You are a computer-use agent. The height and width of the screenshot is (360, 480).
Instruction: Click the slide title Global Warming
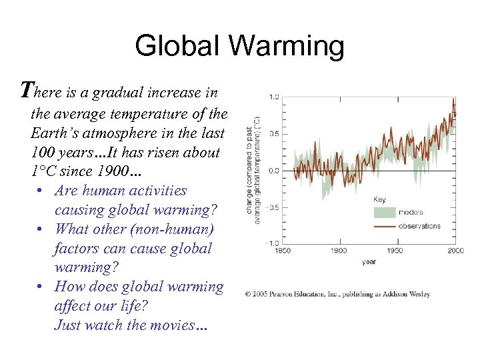click(x=240, y=46)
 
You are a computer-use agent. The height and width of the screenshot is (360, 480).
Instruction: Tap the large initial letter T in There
click(x=27, y=89)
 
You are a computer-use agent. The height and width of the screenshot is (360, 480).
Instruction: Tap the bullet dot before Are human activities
click(x=41, y=191)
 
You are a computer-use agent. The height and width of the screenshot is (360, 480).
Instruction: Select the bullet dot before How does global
click(x=41, y=287)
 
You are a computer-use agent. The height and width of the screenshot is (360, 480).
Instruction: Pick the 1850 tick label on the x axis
click(x=283, y=251)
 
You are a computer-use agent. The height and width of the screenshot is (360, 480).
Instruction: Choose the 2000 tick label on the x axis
click(x=455, y=251)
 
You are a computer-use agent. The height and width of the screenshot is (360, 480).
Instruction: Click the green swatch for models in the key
click(x=383, y=213)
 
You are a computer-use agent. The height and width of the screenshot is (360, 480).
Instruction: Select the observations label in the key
click(x=419, y=226)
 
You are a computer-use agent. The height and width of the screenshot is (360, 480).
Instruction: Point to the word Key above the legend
click(x=379, y=199)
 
